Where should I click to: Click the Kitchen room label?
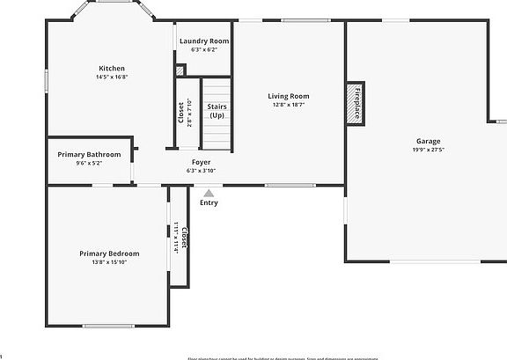[111, 68]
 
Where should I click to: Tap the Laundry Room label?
[204, 41]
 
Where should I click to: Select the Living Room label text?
[289, 96]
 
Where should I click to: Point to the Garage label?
[429, 141]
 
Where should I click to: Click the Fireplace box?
[356, 103]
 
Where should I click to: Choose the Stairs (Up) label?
[217, 111]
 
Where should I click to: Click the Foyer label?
[201, 162]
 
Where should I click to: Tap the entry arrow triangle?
[209, 193]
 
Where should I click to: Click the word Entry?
[209, 202]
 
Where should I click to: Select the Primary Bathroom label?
[89, 155]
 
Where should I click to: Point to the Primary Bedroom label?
[110, 253]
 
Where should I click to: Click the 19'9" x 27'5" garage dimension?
[429, 150]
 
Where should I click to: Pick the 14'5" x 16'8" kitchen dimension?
[112, 77]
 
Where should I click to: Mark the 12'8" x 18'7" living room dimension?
[289, 105]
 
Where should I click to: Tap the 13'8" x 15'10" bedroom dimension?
[110, 262]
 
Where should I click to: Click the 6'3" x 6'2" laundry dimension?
[204, 50]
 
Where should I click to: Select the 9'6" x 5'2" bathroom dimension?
[89, 163]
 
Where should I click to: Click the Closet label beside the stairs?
[181, 114]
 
